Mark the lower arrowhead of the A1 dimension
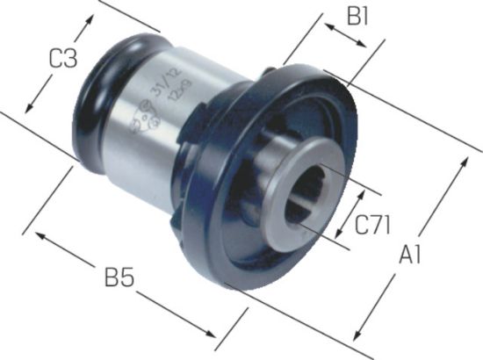[355, 338]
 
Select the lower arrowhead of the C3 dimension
[29, 109]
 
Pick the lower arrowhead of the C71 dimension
[339, 234]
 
